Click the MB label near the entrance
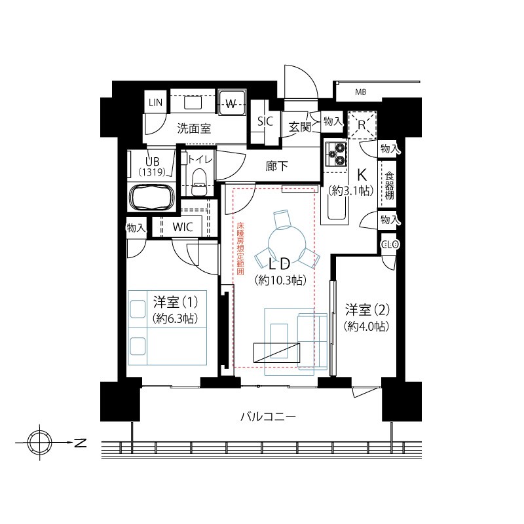(x=361, y=92)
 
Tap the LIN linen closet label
(x=155, y=103)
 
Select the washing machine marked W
(x=231, y=103)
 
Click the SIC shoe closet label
(x=265, y=121)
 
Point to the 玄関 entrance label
(x=300, y=127)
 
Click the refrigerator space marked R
(x=362, y=125)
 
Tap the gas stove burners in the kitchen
(x=337, y=154)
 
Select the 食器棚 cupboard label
(x=389, y=185)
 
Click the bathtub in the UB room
(x=152, y=197)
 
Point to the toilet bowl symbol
(x=199, y=183)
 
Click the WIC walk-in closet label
(x=183, y=227)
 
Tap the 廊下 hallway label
(x=276, y=166)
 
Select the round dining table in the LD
(x=287, y=239)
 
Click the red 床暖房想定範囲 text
(x=240, y=249)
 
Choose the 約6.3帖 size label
(x=175, y=318)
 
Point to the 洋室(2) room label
(x=367, y=310)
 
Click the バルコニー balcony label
(x=268, y=417)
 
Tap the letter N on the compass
(x=80, y=443)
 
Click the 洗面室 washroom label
(x=194, y=128)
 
